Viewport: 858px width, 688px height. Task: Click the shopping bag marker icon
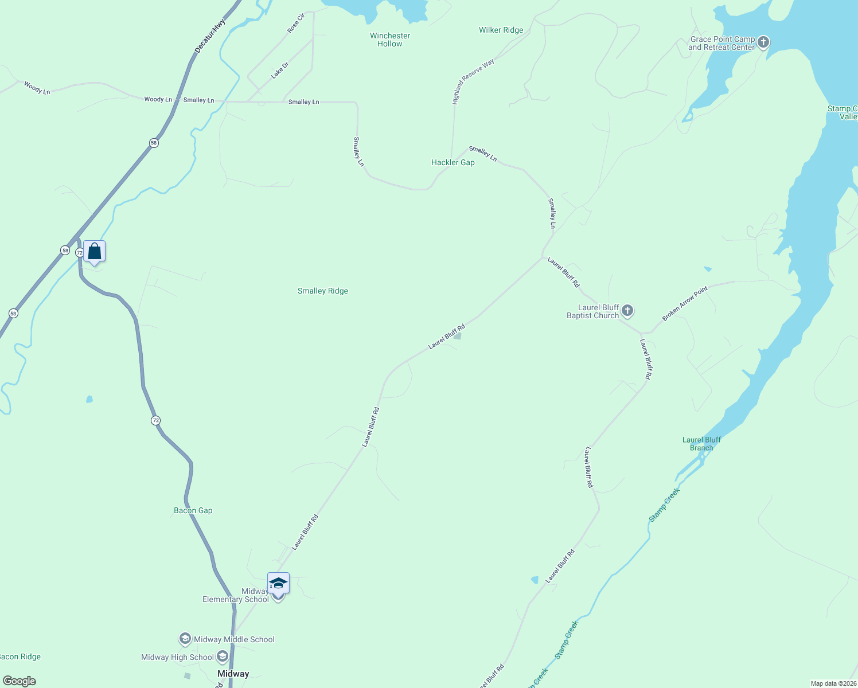tap(94, 252)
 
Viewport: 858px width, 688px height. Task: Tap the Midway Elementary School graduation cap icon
tap(278, 584)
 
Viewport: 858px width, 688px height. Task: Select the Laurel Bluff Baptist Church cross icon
tap(627, 311)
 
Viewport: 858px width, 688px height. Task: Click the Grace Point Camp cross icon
tap(763, 42)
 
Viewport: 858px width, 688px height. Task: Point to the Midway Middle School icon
tap(185, 639)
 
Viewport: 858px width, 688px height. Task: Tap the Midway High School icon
tap(222, 657)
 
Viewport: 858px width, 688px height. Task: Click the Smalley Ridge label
tap(323, 291)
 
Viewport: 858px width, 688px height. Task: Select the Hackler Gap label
tap(453, 162)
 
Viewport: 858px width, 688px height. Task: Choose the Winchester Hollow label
tap(390, 40)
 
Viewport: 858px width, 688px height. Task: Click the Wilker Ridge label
tap(501, 30)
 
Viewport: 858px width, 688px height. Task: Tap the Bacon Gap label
tap(193, 510)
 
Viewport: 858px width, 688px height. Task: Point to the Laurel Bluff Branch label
tap(701, 444)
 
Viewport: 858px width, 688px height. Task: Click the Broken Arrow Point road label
tap(685, 303)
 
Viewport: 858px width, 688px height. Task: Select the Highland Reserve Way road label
tap(473, 81)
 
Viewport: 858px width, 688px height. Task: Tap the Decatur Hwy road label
tap(210, 36)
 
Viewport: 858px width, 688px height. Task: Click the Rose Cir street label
tap(296, 23)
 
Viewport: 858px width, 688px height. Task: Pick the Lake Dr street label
tap(280, 70)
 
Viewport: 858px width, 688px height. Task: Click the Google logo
tap(19, 681)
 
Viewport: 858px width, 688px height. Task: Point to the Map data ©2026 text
tap(833, 683)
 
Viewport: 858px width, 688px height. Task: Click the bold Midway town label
tap(233, 674)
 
